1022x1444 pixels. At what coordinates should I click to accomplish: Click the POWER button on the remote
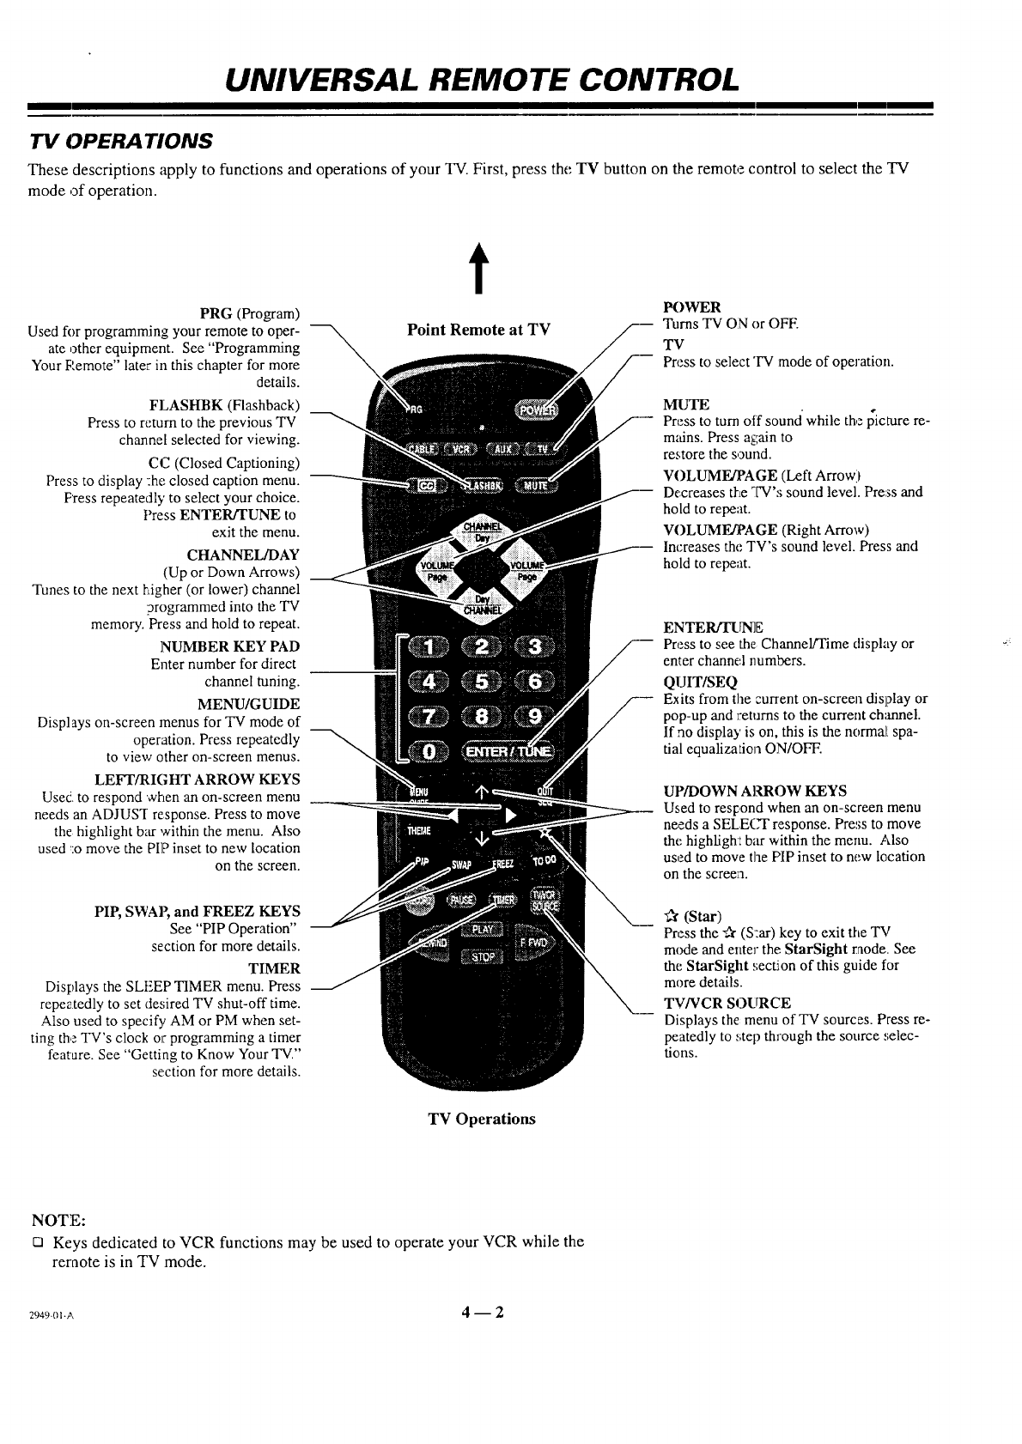pyautogui.click(x=533, y=410)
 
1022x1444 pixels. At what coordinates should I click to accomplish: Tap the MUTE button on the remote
pyautogui.click(x=534, y=487)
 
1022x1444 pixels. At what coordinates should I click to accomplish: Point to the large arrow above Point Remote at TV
pyautogui.click(x=472, y=270)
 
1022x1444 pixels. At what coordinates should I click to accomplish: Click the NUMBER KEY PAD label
pyautogui.click(x=229, y=646)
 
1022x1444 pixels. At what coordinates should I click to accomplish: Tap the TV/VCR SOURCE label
pyautogui.click(x=727, y=1003)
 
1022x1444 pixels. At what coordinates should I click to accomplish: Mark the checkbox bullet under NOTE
pyautogui.click(x=38, y=1242)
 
